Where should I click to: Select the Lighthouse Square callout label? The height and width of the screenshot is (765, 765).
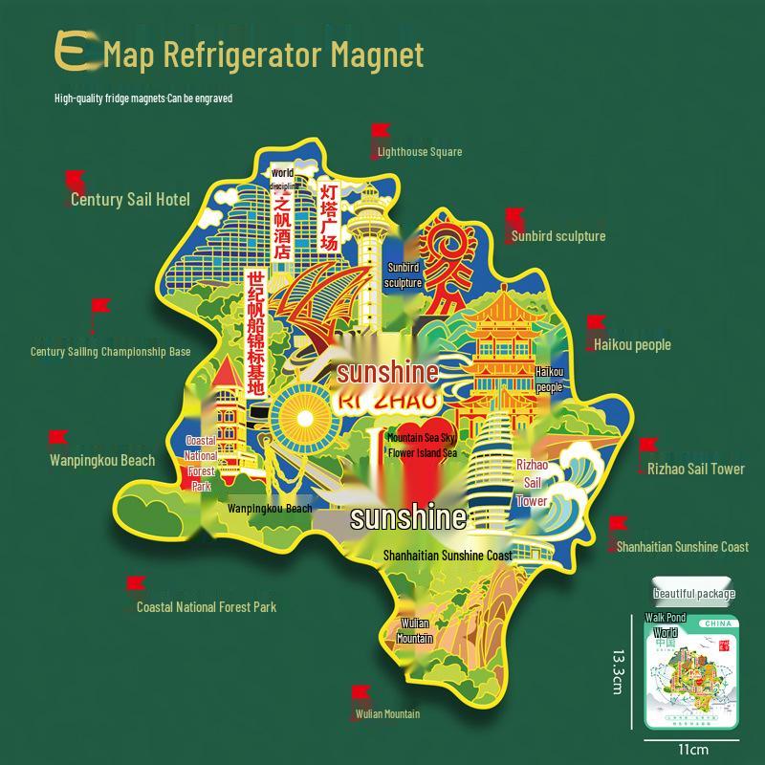pos(419,152)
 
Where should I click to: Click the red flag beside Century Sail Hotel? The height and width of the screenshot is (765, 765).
pos(75,180)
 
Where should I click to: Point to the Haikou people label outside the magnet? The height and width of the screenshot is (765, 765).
pos(632,344)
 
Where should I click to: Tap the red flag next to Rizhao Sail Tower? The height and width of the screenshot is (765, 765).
pos(647,447)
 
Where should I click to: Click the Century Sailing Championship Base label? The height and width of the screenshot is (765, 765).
pos(111,352)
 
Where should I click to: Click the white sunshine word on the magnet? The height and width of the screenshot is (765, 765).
pos(408,518)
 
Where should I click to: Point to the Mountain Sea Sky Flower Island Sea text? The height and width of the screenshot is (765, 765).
pos(422,446)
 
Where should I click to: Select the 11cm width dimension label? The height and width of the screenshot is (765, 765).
pos(693,749)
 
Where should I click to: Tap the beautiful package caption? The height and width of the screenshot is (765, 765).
pos(694,594)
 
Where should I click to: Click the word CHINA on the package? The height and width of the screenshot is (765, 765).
pos(716,623)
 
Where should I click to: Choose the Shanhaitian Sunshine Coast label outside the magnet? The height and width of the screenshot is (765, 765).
pos(682,547)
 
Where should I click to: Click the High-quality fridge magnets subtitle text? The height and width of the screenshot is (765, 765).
pos(143,98)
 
